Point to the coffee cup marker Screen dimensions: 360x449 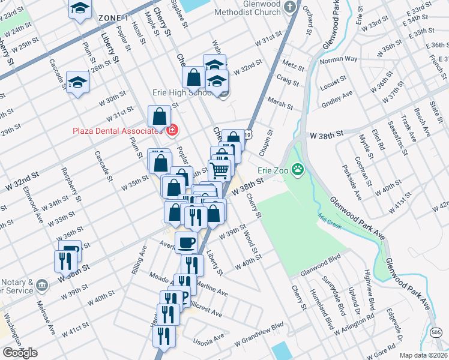pos(185,242)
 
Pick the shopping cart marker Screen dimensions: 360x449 pos(220,170)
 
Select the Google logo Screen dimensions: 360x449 pos(19,353)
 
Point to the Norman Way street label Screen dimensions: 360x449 pos(339,60)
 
